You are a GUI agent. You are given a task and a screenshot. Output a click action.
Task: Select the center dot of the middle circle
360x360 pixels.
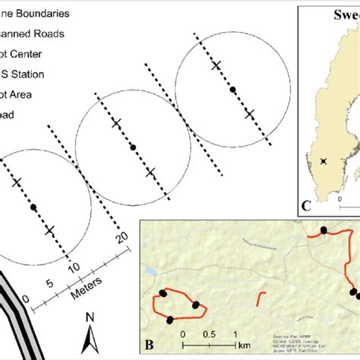133,147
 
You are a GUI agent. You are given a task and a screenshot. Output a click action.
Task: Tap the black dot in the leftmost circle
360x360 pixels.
33,206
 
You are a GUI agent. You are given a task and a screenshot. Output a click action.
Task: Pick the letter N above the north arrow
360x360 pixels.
90,317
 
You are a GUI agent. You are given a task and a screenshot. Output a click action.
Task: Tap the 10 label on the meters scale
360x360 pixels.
74,268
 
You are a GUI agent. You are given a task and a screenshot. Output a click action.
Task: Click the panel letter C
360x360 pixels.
307,204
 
